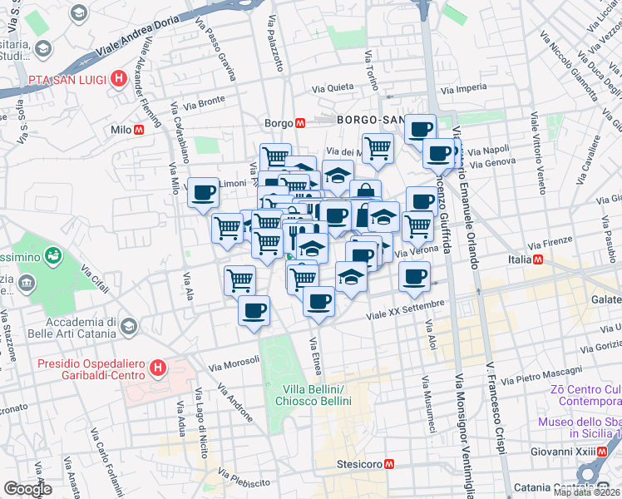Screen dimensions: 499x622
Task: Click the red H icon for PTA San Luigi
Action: pyautogui.click(x=120, y=79)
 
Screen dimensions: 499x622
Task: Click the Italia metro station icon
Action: pyautogui.click(x=540, y=260)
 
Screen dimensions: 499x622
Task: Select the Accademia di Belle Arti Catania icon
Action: pyautogui.click(x=128, y=326)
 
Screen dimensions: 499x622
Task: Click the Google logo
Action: pyautogui.click(x=28, y=489)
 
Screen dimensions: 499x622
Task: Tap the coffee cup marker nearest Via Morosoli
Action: pyautogui.click(x=254, y=310)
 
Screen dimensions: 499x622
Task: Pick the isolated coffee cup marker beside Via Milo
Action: pyautogui.click(x=204, y=193)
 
